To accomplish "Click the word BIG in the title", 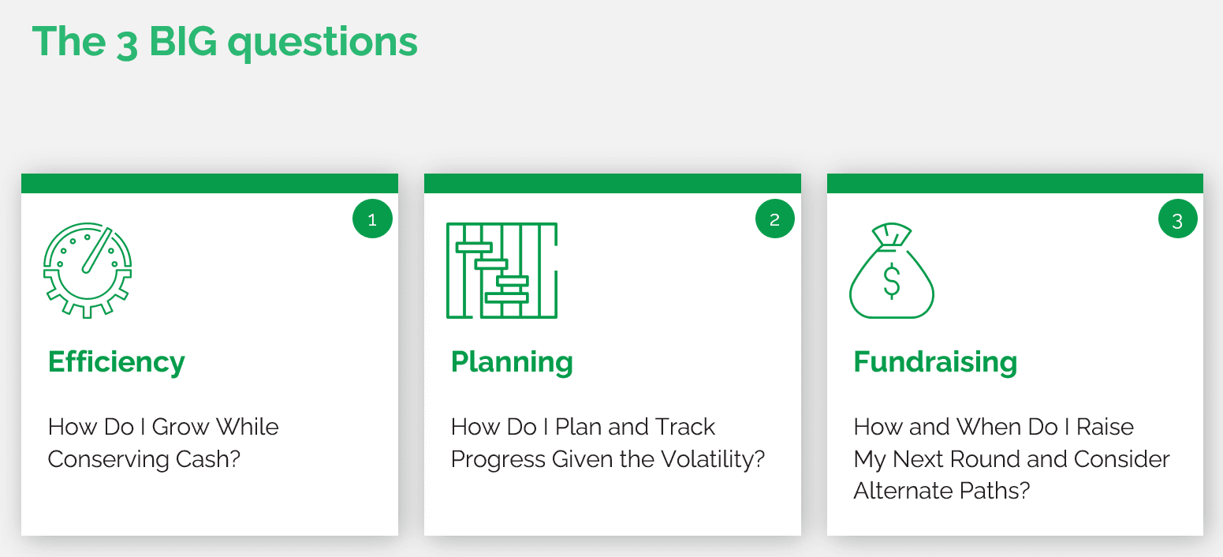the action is [183, 41].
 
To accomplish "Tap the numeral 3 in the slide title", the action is [127, 45].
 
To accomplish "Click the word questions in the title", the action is [323, 43].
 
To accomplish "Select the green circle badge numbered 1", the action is [372, 219].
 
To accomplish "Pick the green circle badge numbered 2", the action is [775, 219].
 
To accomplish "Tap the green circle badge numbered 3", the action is [1178, 219].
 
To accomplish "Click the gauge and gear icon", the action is [88, 270].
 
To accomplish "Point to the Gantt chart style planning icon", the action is [502, 270].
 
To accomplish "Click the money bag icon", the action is [892, 270].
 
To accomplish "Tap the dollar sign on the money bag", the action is [892, 281].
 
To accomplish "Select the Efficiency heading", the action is [116, 362].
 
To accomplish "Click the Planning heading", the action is [512, 362].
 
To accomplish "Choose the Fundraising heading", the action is [935, 361].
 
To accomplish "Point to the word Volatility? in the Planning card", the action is [713, 458].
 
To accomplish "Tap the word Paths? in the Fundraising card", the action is [995, 491].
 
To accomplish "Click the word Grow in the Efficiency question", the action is [181, 427].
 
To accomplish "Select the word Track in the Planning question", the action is [685, 427].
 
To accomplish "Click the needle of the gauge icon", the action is [97, 251].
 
